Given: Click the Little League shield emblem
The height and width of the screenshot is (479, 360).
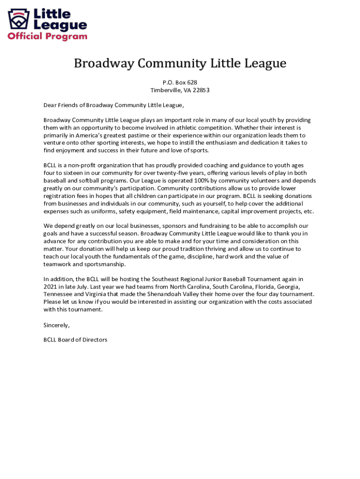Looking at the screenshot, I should (18, 19).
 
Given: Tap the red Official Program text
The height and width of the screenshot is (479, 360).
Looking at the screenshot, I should (47, 36).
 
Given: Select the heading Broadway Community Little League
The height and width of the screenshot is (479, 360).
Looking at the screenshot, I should (180, 64).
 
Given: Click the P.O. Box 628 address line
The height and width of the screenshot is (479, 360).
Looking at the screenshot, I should (180, 82).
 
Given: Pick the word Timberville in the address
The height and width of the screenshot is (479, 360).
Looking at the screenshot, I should (166, 90).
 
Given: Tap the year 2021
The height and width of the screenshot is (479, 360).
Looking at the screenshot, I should (50, 287).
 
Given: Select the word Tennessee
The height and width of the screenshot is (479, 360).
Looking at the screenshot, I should (58, 294).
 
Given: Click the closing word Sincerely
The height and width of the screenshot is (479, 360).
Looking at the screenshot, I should (57, 325).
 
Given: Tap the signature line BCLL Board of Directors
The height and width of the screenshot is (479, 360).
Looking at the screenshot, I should (75, 340).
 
